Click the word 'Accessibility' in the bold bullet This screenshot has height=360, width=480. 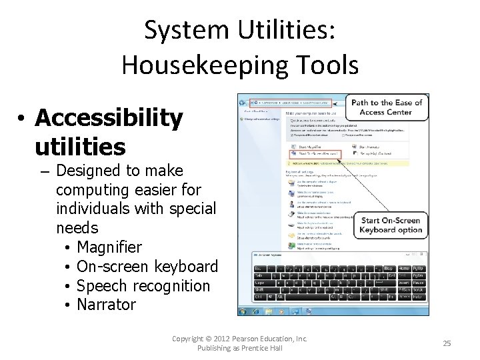[109, 118]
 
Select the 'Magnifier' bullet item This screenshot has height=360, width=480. [109, 247]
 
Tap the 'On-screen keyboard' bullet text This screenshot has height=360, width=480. [147, 267]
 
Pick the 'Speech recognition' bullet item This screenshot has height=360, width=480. [143, 286]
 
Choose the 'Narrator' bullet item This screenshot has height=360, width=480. [106, 305]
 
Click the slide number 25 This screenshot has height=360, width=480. [447, 343]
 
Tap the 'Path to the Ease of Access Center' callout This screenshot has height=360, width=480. [387, 107]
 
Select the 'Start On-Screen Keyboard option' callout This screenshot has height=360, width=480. [391, 225]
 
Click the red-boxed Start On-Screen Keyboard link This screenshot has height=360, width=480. [313, 153]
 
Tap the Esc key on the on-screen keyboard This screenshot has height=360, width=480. [258, 268]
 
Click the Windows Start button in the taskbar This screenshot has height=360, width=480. [243, 311]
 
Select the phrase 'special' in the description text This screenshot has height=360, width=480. [194, 209]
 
